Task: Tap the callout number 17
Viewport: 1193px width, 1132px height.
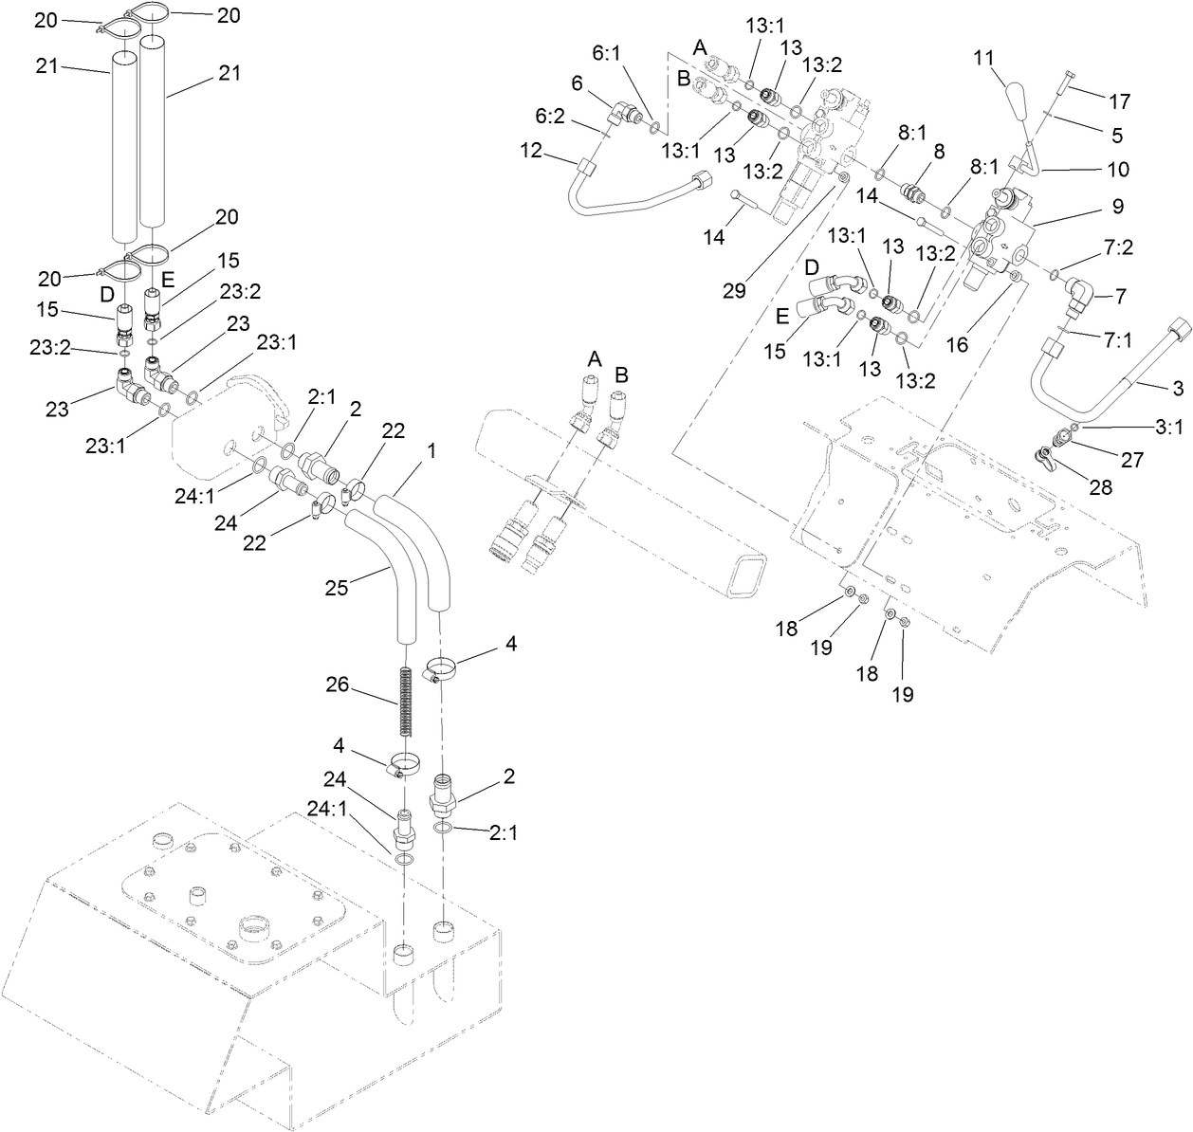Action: (x=1120, y=100)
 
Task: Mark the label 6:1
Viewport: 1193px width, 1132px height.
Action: (x=607, y=54)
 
